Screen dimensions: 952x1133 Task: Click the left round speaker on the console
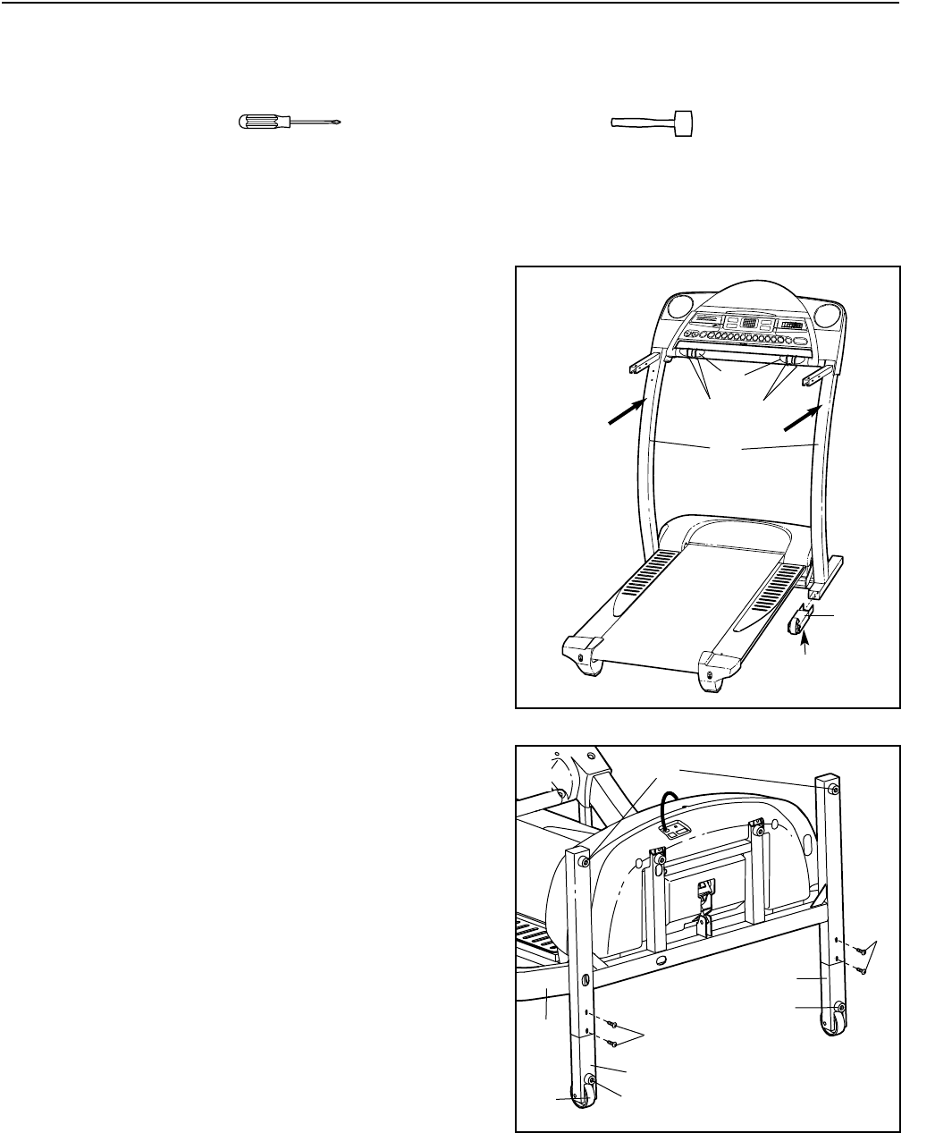679,315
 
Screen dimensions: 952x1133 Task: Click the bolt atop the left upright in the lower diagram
583,860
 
